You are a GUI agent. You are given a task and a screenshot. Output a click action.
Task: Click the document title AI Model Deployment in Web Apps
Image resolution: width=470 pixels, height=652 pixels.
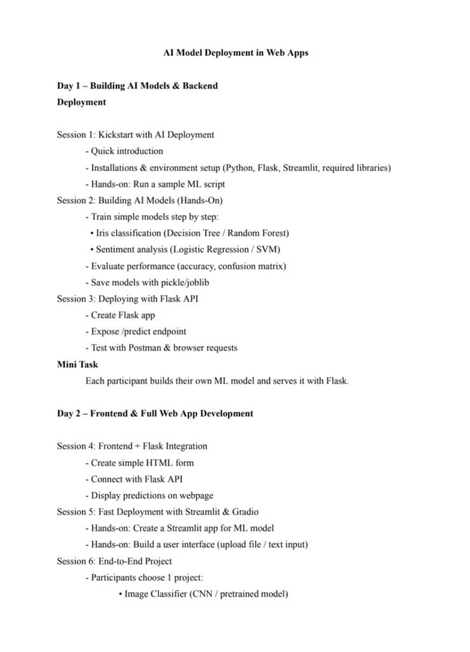(236, 53)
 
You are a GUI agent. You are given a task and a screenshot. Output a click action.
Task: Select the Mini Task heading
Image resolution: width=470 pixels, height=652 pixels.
(78, 364)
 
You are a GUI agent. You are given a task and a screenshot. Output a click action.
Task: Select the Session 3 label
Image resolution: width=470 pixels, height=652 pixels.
(75, 299)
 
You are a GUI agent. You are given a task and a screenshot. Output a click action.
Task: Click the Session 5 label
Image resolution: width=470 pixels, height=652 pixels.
(75, 512)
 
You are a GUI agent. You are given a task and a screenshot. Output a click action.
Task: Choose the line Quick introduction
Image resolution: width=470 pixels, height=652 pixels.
(127, 152)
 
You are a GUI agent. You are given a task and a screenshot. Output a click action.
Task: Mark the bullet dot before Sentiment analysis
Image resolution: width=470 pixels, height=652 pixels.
(92, 250)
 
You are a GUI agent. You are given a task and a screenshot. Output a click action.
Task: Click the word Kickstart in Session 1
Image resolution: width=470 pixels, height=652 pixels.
(118, 135)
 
